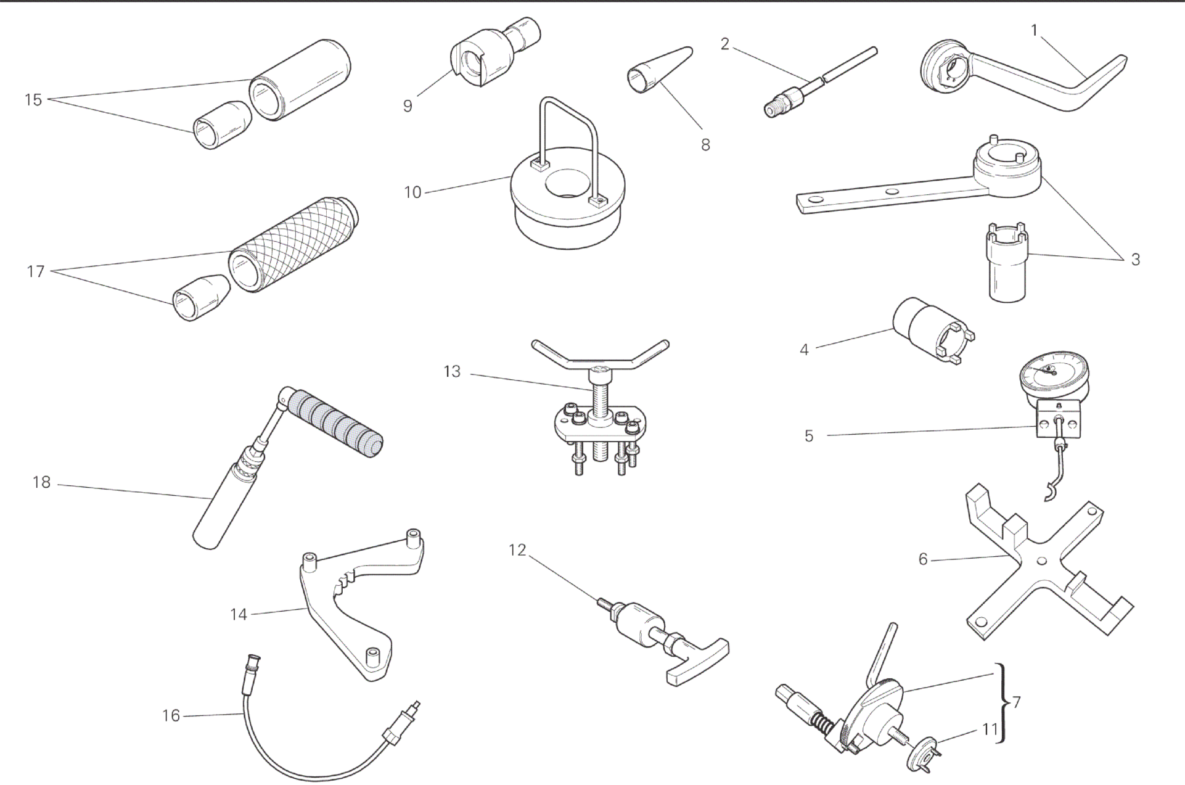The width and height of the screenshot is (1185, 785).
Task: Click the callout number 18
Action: tap(41, 482)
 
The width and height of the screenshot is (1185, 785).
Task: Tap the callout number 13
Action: tap(452, 372)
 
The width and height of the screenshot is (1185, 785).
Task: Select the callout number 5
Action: tap(809, 436)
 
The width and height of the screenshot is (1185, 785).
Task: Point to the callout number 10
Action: tap(412, 192)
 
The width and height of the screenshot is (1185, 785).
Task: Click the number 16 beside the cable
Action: tap(171, 715)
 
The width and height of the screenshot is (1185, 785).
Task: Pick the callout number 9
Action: tap(408, 106)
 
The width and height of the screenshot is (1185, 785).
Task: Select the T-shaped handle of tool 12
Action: tap(698, 660)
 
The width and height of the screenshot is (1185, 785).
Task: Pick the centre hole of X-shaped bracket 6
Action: tap(1041, 560)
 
